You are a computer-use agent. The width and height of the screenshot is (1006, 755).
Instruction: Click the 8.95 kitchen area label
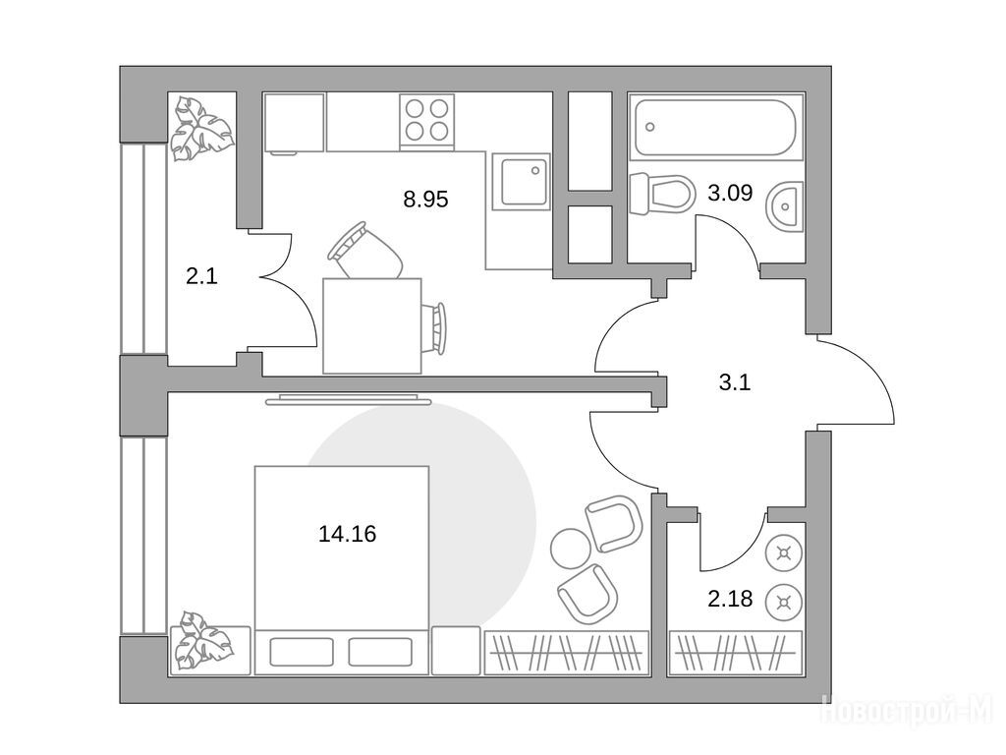[x=425, y=199]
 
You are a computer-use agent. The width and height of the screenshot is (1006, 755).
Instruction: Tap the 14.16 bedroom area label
[x=347, y=534]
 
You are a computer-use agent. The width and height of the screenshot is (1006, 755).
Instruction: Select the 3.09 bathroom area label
[x=730, y=192]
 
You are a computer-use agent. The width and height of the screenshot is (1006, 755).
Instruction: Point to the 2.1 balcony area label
[x=201, y=276]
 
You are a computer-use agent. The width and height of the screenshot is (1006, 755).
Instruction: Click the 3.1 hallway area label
[x=735, y=383]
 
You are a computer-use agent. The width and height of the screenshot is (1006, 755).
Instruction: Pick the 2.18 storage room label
[x=730, y=599]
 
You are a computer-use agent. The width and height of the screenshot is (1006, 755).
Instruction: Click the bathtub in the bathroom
[x=715, y=128]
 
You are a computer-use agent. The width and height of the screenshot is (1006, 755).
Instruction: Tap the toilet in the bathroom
[x=662, y=194]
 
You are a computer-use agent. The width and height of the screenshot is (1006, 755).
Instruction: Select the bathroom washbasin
[x=784, y=205]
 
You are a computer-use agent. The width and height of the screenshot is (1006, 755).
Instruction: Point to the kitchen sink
[x=521, y=182]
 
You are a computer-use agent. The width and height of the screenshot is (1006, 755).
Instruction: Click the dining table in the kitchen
[x=372, y=326]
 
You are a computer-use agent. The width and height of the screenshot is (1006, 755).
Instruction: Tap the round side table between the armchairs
[x=570, y=548]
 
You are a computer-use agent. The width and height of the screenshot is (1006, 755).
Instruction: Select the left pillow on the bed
[x=302, y=652]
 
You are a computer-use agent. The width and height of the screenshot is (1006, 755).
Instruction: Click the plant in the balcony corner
[x=201, y=129]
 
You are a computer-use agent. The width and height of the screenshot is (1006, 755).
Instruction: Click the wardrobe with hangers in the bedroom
[x=567, y=653]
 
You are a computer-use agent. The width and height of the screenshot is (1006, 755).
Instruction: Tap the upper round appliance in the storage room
[x=783, y=553]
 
